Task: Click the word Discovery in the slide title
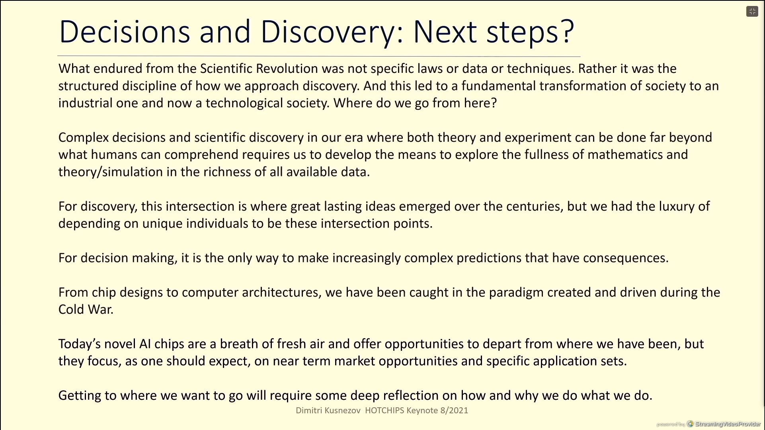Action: (x=326, y=32)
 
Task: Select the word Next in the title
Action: (x=445, y=31)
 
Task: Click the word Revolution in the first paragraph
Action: (x=287, y=68)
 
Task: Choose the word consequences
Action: (x=626, y=258)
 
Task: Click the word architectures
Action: (x=281, y=292)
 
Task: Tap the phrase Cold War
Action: (x=86, y=309)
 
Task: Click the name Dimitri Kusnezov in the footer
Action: (x=328, y=410)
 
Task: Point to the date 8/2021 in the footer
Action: (x=454, y=410)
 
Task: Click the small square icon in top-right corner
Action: (x=752, y=12)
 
